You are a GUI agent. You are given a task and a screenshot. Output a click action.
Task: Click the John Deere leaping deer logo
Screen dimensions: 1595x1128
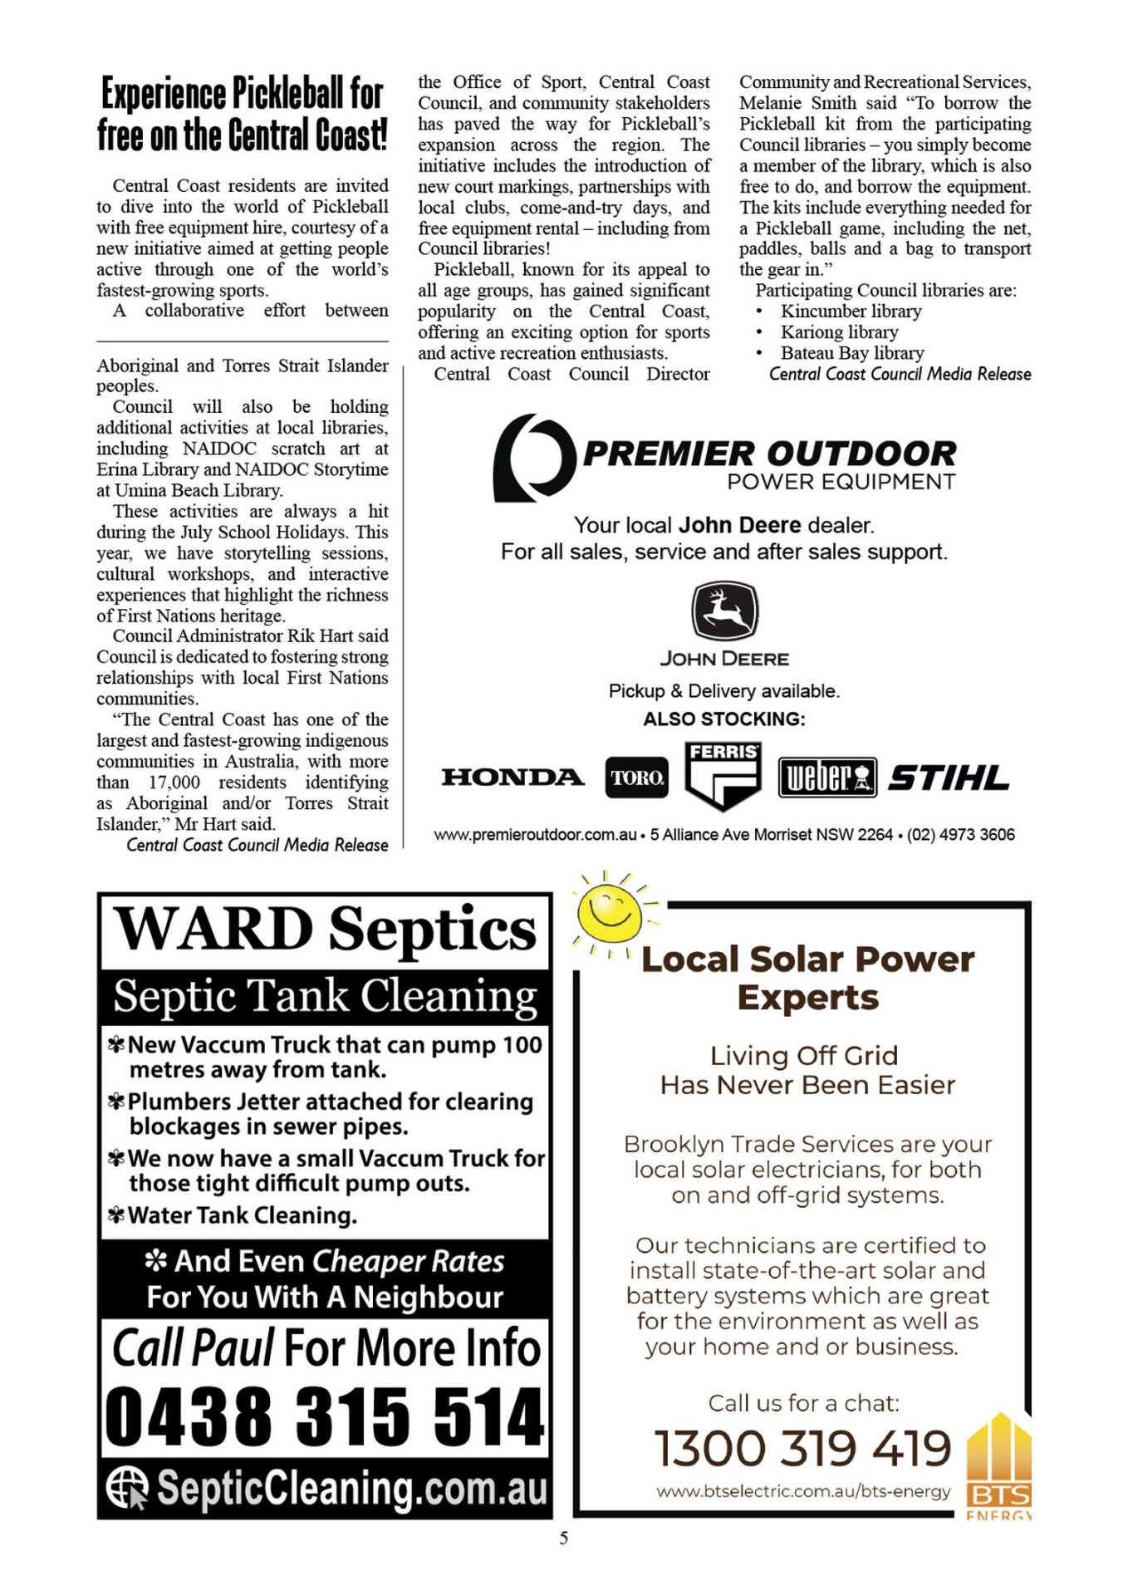tap(724, 610)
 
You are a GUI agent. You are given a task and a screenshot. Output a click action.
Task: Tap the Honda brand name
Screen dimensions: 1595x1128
tap(513, 778)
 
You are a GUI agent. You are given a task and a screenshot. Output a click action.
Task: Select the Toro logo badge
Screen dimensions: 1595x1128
tap(636, 778)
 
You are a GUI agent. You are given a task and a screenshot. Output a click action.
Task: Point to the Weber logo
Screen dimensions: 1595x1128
tap(826, 778)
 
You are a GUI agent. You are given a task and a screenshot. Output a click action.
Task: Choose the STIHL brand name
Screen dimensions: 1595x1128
tap(949, 778)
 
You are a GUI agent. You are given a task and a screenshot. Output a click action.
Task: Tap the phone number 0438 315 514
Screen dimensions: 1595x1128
tap(325, 1416)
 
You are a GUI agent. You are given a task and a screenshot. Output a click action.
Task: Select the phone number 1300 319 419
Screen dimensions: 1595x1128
tap(802, 1448)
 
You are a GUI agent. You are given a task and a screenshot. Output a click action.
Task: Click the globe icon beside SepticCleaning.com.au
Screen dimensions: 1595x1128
tap(127, 1487)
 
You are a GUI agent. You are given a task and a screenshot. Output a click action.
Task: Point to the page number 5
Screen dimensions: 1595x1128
tap(564, 1538)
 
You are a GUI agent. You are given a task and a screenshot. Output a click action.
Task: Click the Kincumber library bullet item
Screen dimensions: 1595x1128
tap(851, 312)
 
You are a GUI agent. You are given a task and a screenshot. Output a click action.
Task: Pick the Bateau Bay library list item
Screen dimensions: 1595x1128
tap(851, 353)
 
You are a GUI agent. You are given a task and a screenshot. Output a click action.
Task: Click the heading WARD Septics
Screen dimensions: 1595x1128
tap(325, 930)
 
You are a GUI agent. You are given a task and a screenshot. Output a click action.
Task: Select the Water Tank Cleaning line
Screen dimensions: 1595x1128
tap(242, 1215)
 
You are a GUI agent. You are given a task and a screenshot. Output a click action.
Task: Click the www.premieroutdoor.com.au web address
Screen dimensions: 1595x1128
tap(535, 835)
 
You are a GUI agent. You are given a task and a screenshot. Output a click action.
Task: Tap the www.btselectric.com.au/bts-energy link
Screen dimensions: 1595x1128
tap(802, 1491)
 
